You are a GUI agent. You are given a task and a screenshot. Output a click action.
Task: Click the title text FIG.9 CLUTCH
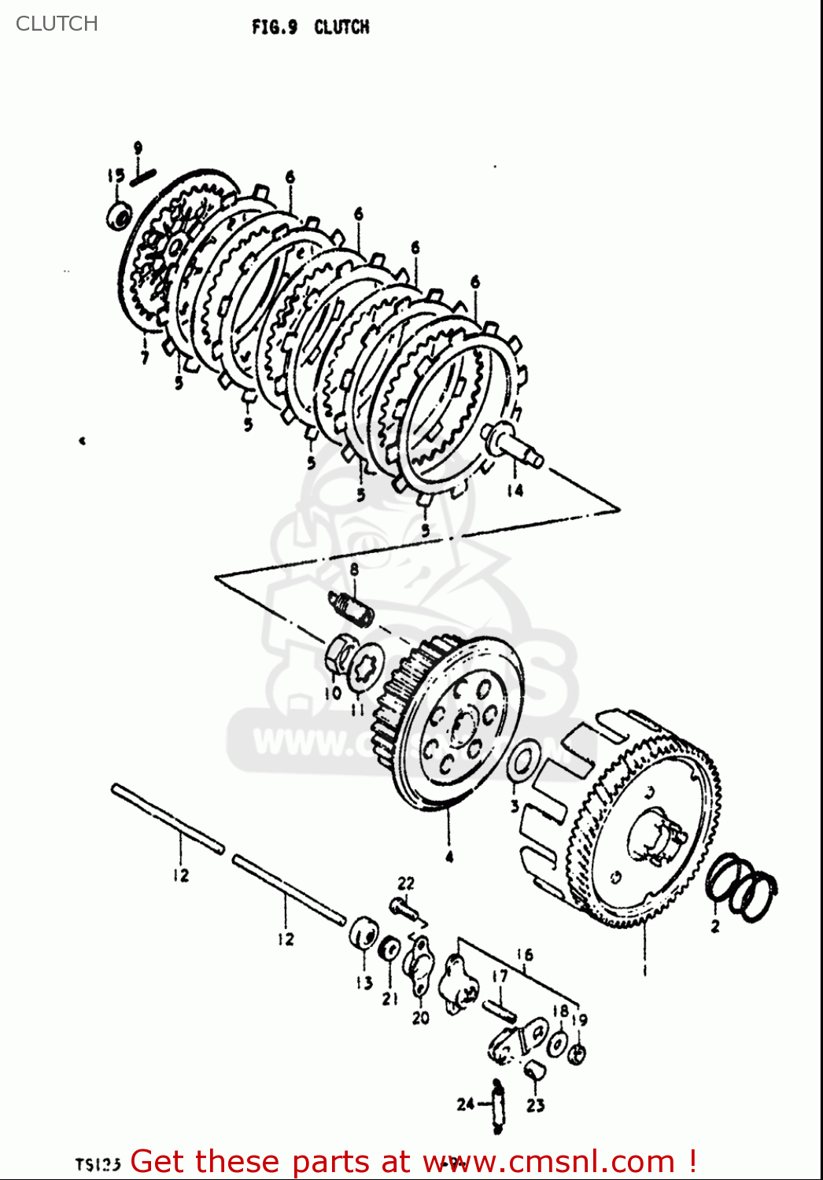click(x=310, y=28)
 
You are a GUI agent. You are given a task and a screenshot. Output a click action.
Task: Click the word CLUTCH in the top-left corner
click(x=57, y=24)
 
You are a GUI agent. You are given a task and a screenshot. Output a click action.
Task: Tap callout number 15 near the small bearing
click(x=116, y=176)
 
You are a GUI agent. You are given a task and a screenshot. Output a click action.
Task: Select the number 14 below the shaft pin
click(x=515, y=490)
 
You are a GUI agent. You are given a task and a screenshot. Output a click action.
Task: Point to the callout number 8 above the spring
click(x=354, y=569)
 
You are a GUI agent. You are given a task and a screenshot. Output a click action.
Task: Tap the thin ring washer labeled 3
click(x=522, y=762)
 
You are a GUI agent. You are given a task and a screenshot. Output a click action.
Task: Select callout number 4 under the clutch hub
click(x=449, y=857)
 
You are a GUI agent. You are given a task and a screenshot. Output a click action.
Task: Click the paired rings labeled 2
click(x=742, y=886)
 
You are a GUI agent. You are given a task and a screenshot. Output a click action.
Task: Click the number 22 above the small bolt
click(x=405, y=883)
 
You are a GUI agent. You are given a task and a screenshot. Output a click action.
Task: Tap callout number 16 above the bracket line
click(x=525, y=954)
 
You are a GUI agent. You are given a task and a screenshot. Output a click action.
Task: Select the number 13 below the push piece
click(x=364, y=983)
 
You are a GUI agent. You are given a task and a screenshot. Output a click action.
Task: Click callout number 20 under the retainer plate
click(x=421, y=1017)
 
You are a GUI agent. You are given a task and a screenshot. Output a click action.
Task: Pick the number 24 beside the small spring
click(x=465, y=1104)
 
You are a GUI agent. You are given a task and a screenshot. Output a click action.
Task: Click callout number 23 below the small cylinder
click(x=535, y=1105)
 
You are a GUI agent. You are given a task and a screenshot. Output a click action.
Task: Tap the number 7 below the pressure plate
click(x=145, y=358)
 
